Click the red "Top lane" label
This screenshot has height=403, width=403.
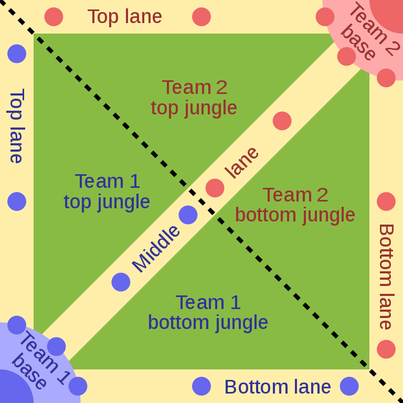125,17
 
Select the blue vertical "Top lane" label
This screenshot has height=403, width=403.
17,126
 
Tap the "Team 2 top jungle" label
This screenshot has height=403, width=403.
194,98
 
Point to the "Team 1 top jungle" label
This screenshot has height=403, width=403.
107,192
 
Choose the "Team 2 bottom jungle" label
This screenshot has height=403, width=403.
295,205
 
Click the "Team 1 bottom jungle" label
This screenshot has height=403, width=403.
208,313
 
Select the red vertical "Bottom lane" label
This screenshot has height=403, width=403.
386,276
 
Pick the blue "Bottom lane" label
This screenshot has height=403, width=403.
278,387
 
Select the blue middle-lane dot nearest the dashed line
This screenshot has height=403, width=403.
188,215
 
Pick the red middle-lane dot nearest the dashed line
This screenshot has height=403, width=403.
215,188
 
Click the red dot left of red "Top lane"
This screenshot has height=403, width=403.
54,17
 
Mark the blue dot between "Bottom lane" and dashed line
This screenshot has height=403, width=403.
349,386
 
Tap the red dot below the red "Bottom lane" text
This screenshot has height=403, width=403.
386,349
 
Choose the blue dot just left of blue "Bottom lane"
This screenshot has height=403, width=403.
201,386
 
